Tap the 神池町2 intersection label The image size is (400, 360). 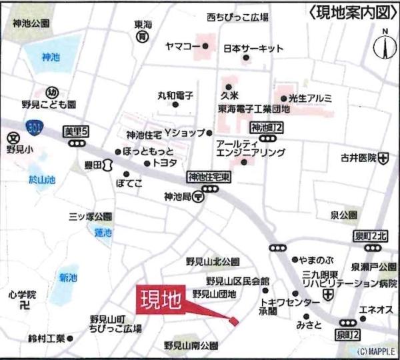click(x=267, y=127)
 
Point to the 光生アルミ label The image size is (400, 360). click(x=309, y=98)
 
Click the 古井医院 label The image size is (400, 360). click(x=358, y=158)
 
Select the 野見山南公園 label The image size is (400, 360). click(x=191, y=345)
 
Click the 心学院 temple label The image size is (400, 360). click(x=22, y=294)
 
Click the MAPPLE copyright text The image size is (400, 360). click(x=376, y=351)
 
